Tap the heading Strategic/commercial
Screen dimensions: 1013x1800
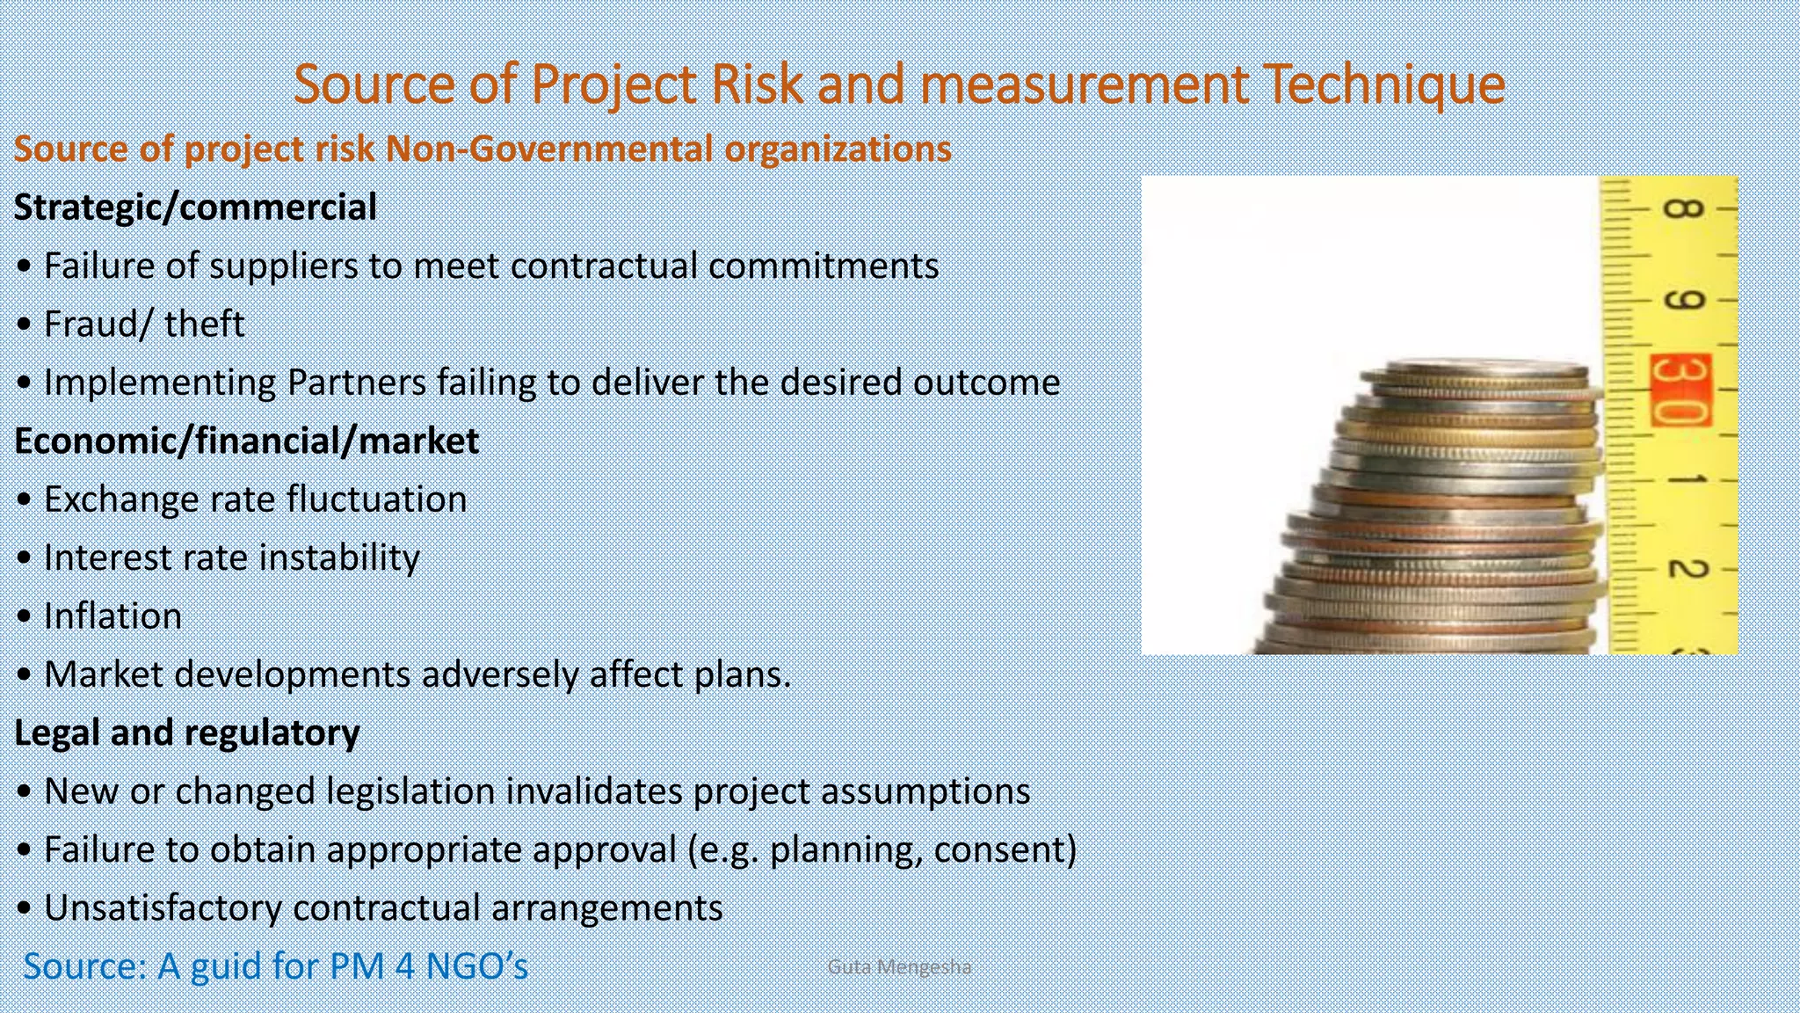pyautogui.click(x=195, y=208)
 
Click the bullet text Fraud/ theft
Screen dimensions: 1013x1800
pyautogui.click(x=144, y=324)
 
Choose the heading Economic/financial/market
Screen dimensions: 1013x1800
pyautogui.click(x=246, y=441)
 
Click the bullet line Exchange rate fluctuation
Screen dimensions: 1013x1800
pyautogui.click(x=255, y=499)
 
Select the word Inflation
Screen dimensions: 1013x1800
pyautogui.click(x=112, y=616)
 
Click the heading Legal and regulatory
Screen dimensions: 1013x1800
pyautogui.click(x=187, y=732)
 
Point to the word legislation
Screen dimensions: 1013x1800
pyautogui.click(x=410, y=791)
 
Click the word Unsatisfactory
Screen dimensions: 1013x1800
pyautogui.click(x=163, y=907)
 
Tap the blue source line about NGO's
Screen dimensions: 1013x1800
pyautogui.click(x=275, y=966)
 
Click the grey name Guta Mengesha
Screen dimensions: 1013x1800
pyautogui.click(x=899, y=967)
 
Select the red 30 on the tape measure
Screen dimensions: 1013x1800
pyautogui.click(x=1680, y=390)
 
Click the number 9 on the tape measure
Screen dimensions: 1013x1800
pyautogui.click(x=1683, y=299)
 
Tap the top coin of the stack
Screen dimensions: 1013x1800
pyautogui.click(x=1485, y=368)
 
